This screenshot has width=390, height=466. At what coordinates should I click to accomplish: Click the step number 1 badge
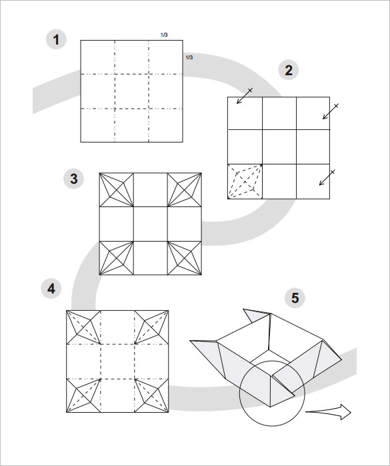pos(56,40)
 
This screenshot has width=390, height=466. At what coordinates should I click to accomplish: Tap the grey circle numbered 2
pos(289,70)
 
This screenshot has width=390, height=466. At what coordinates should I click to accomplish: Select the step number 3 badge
pos(74,179)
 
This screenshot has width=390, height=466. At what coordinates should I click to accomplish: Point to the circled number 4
pos(51,289)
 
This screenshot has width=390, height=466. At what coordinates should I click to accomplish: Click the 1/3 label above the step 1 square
pos(164,34)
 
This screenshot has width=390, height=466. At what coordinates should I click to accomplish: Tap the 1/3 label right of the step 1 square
pos(189,58)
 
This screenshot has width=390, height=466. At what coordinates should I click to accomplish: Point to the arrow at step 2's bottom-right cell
pos(326,178)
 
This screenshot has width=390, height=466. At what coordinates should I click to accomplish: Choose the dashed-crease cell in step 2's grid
pos(245,181)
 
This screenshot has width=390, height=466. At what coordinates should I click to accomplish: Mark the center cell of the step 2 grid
pos(279,146)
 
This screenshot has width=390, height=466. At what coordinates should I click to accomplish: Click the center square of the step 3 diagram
pos(151,224)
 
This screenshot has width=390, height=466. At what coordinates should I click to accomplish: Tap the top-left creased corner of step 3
pos(116,190)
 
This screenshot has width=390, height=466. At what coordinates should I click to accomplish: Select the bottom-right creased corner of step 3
pos(185,258)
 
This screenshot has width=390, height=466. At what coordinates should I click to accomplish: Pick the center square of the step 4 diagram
pos(118,361)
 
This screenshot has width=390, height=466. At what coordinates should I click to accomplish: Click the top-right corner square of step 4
pos(153,327)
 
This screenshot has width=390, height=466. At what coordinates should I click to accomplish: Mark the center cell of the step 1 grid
pos(131,91)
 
